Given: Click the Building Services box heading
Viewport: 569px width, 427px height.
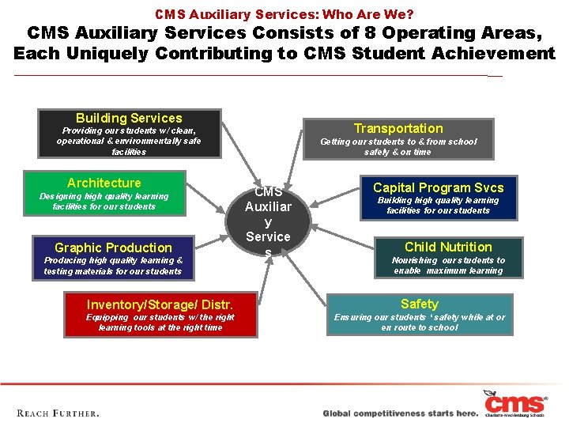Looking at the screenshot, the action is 129,118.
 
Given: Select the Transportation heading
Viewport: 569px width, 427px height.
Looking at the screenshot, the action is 398,128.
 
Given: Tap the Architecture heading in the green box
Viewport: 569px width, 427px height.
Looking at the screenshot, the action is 104,183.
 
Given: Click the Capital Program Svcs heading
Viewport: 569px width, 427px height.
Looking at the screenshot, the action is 438,187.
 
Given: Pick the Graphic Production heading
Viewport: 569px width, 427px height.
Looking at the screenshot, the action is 113,248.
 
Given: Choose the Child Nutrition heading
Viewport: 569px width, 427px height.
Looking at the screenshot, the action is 448,247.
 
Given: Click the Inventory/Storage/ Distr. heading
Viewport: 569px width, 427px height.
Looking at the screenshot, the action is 160,304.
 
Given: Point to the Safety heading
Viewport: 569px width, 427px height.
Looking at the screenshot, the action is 419,304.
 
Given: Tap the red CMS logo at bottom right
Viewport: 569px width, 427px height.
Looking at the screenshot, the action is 515,403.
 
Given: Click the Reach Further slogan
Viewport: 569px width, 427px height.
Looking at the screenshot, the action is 58,413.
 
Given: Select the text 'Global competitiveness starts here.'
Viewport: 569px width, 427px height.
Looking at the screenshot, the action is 401,414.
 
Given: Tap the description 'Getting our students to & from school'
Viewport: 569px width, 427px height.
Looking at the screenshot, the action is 398,142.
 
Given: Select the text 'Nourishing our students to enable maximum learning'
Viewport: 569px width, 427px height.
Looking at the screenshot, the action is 448,265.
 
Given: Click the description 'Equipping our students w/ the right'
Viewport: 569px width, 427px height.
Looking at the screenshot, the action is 160,317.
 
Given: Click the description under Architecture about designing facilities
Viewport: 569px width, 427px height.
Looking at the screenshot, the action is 104,201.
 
